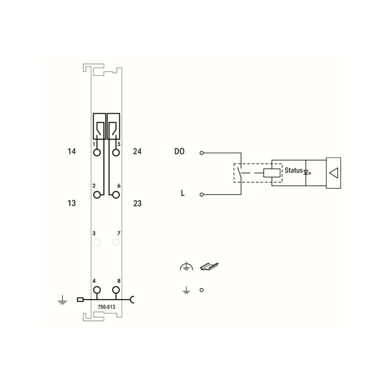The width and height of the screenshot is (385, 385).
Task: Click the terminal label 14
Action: coord(71,151)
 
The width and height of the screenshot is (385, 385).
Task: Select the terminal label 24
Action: coord(137,151)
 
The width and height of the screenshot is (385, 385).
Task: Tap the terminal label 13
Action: coord(71,203)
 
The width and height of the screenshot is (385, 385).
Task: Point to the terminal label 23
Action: coord(137,203)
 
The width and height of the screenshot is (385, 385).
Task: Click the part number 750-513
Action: coord(106,307)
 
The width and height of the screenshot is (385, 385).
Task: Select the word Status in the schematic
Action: coord(294,170)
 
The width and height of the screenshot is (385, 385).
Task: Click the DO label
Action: coord(179,151)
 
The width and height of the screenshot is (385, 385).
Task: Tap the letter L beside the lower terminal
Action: coord(183,193)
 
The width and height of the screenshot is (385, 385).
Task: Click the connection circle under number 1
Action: coord(97,152)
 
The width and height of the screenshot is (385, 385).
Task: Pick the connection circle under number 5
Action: coord(116,152)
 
